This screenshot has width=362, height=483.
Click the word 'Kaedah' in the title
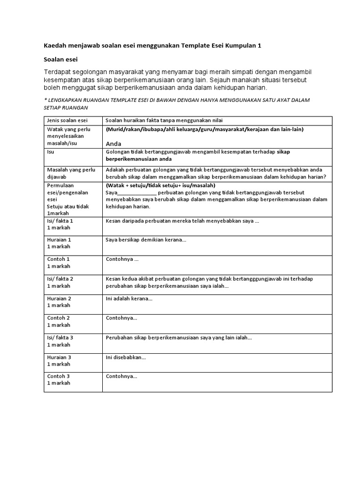coord(55,45)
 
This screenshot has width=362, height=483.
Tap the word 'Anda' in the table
coord(114,143)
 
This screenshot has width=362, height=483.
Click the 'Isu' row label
coord(51,152)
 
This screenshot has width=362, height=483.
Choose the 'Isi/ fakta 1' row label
coord(60,220)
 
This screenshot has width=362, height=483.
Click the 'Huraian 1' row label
coord(59,240)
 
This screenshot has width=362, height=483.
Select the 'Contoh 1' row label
coord(58,259)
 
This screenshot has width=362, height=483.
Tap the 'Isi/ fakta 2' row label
coord(60,279)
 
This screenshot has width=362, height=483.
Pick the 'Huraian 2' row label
coord(59,299)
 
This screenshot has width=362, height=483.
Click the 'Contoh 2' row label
coord(58,318)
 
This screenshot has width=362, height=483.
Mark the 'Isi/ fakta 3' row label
coord(60,338)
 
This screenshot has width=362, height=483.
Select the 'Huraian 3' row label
coord(59,357)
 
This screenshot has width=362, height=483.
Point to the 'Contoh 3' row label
coord(58,376)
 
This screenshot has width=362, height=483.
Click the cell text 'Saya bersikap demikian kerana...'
coord(146,240)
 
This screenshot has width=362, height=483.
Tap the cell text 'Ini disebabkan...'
coord(126,357)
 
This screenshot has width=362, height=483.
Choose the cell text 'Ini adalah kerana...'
coord(129,299)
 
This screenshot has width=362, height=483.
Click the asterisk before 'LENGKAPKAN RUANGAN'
coord(45,100)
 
